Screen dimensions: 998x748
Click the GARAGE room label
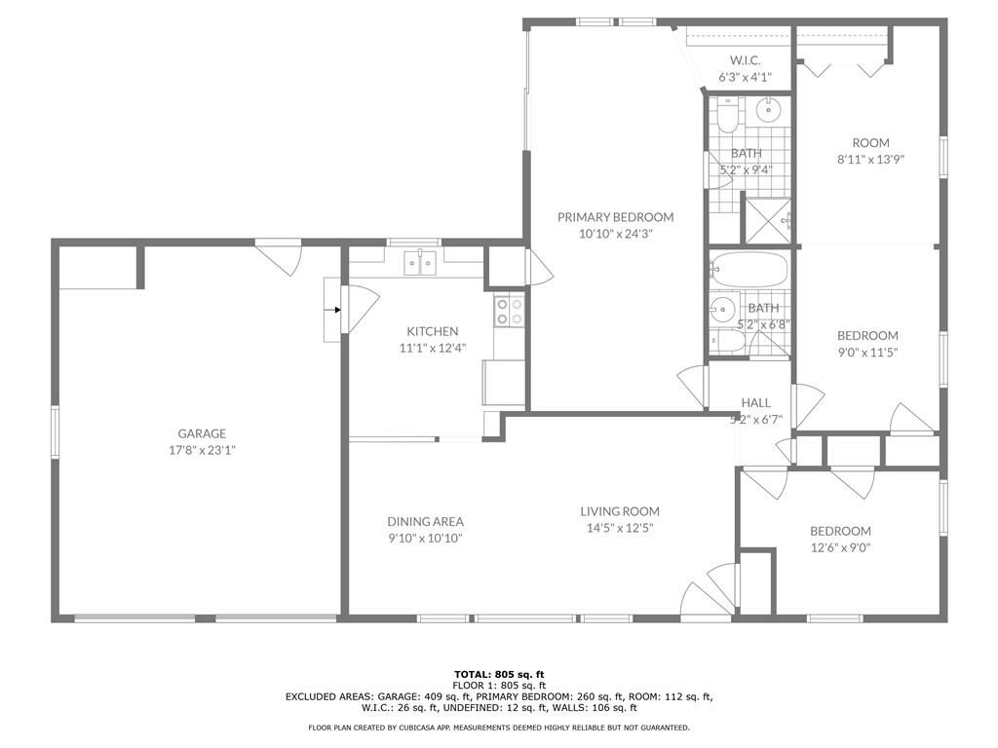[x=202, y=433]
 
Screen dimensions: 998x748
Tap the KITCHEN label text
[x=432, y=331]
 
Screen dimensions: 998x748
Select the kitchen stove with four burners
[x=509, y=312]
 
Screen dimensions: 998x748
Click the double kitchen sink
[x=420, y=263]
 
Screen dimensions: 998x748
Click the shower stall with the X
[x=768, y=221]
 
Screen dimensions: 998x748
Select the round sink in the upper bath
[x=769, y=111]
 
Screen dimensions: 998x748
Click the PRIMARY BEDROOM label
[x=616, y=217]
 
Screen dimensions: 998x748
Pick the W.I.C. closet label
[x=745, y=60]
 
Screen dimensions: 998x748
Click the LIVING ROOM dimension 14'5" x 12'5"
[x=619, y=528]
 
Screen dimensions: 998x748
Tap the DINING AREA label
[x=425, y=522]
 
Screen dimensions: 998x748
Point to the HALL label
[x=756, y=402]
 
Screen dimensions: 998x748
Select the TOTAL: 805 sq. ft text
[x=500, y=674]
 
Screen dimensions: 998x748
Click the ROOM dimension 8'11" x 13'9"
[x=870, y=160]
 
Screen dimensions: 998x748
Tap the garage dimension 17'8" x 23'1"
[x=202, y=450]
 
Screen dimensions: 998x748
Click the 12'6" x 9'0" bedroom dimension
[x=840, y=547]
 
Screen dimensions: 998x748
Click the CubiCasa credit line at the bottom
[x=499, y=728]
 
